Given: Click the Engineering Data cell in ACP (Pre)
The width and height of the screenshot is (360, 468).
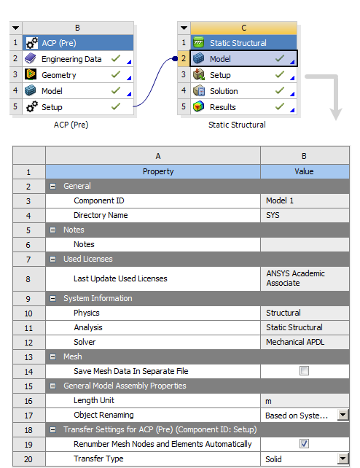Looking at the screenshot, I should (x=71, y=58).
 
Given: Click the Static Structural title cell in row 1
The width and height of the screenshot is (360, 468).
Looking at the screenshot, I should (x=238, y=43).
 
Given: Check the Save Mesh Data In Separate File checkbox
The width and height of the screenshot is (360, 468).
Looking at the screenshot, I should (x=305, y=371).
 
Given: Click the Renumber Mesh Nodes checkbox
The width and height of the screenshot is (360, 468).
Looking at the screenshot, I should (x=305, y=444).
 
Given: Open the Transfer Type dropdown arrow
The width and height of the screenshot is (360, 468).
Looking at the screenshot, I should (x=343, y=459).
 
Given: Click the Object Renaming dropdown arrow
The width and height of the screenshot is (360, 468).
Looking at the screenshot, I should (x=343, y=415).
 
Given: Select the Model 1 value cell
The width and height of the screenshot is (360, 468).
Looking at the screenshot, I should (x=305, y=200).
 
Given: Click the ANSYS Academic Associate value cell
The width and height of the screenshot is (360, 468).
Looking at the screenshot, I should (x=305, y=278).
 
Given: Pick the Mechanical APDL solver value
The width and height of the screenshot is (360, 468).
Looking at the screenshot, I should (x=305, y=342).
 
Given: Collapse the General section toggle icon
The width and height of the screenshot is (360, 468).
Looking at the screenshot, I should (x=53, y=186).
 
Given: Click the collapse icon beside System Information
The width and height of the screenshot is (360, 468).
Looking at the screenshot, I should (x=53, y=298).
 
